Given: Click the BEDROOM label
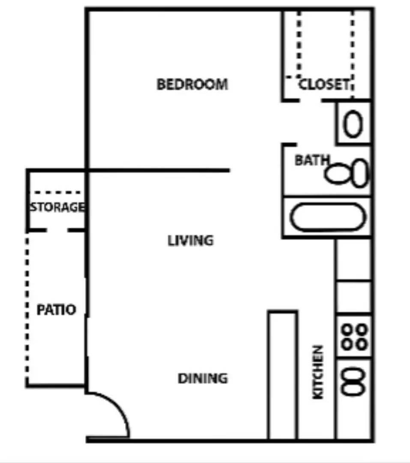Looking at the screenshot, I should [x=192, y=84].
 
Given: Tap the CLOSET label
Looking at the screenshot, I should [x=324, y=84].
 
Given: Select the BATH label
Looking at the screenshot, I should [x=312, y=160].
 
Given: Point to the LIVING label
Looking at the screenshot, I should [x=190, y=241].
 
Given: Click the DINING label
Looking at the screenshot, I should [x=203, y=379].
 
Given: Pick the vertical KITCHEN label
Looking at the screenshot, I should [x=317, y=372].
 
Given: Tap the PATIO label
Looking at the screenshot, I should [x=56, y=310].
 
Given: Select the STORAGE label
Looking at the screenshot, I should [x=57, y=207].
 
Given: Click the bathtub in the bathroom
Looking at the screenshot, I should [x=326, y=217].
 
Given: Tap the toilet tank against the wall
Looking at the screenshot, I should [x=360, y=173].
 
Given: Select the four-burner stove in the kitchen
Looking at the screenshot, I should [x=354, y=337].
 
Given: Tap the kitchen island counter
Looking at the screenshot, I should [x=283, y=375].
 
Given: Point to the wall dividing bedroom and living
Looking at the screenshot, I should [x=159, y=171].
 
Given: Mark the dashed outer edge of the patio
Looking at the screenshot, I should [x=27, y=309].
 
